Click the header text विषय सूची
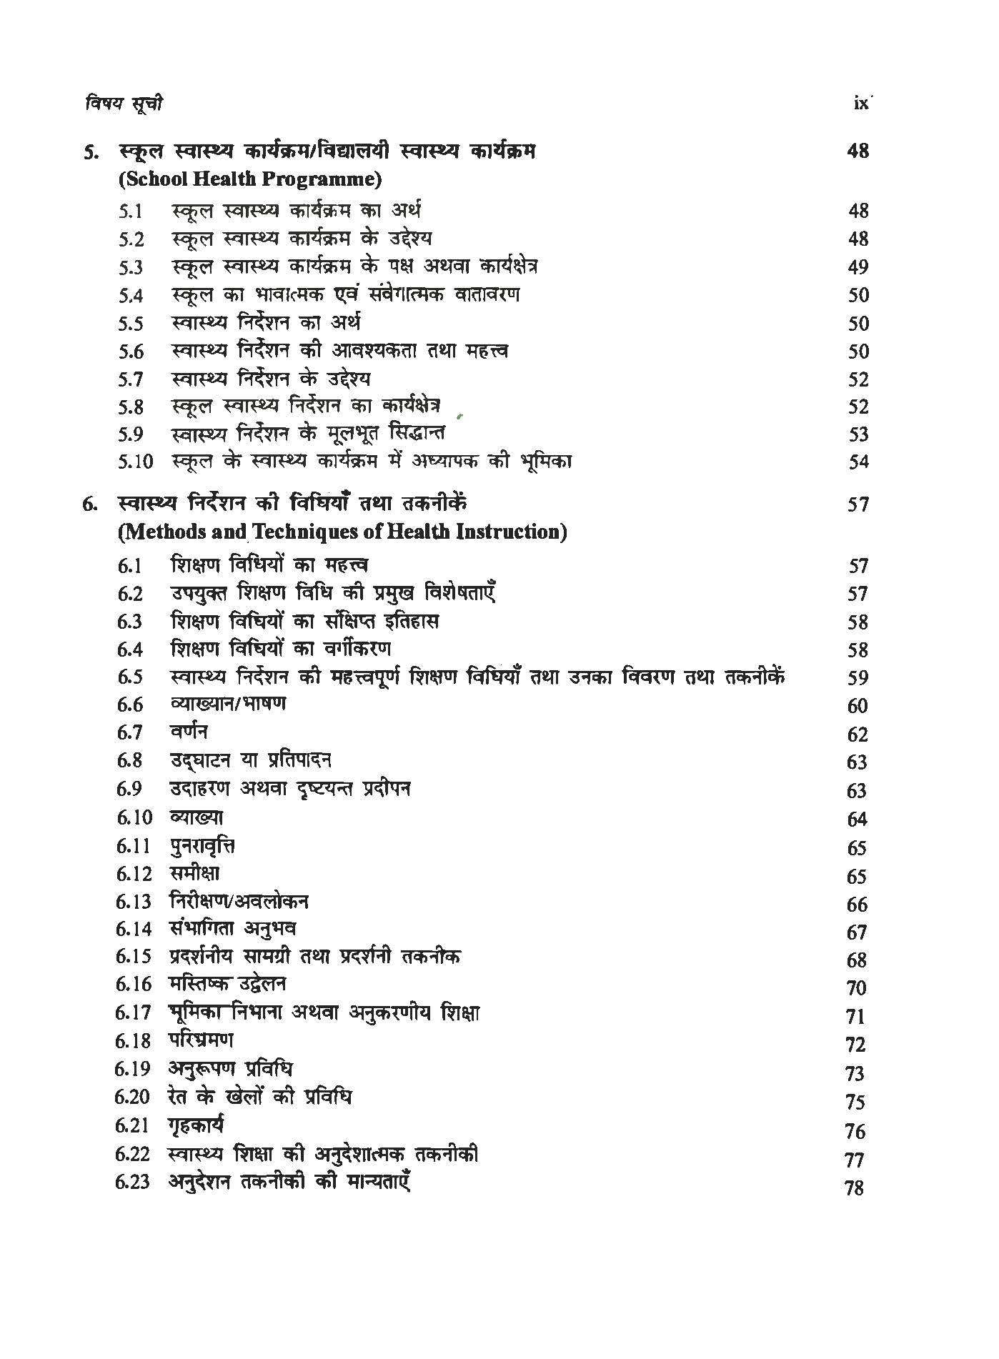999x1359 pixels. click(122, 104)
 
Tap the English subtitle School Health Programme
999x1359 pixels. click(249, 179)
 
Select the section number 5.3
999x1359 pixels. click(131, 267)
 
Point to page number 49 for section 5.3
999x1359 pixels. click(858, 267)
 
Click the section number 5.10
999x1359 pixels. click(135, 462)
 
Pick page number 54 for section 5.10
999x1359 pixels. click(858, 462)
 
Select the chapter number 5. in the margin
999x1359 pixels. click(91, 152)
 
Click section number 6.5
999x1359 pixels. click(130, 677)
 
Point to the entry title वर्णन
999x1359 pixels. click(189, 732)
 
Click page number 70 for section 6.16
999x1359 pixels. click(856, 988)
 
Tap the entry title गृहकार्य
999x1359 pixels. click(197, 1125)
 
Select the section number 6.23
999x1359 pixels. click(132, 1182)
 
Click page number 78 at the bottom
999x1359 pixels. click(854, 1188)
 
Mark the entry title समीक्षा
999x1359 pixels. click(195, 873)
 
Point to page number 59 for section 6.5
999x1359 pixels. click(857, 678)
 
